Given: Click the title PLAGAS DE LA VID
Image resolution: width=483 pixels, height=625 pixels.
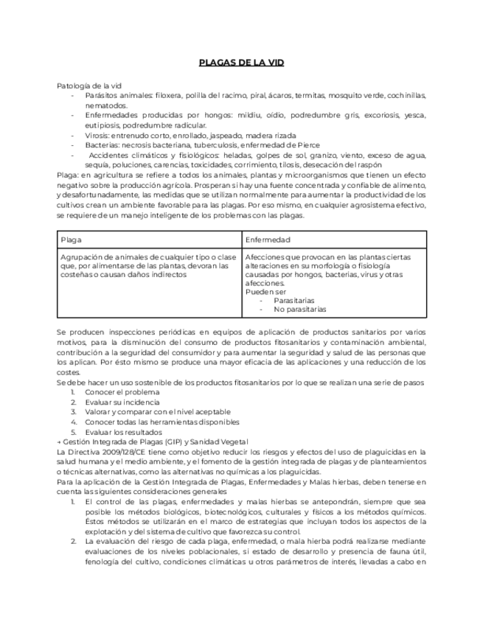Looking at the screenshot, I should [241, 63].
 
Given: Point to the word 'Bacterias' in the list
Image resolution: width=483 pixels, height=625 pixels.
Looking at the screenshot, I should [102, 145].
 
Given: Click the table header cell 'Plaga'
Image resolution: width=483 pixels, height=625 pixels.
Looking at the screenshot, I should [72, 240].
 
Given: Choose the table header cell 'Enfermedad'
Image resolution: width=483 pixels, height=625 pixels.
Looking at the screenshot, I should [268, 240].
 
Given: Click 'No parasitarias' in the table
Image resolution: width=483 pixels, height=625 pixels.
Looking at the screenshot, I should [300, 310].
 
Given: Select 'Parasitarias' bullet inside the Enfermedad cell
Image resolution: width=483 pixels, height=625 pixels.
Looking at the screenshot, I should [293, 301].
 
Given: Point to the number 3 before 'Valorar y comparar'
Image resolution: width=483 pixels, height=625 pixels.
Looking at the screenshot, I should [73, 412].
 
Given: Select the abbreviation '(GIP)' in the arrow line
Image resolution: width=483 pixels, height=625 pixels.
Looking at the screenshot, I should [174, 441].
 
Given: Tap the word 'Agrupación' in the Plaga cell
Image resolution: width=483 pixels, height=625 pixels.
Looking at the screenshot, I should [80, 257].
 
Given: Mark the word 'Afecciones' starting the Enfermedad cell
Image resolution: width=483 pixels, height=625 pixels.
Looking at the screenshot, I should [263, 257].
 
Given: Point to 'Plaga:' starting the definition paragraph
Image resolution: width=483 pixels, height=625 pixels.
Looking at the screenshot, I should [68, 175].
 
